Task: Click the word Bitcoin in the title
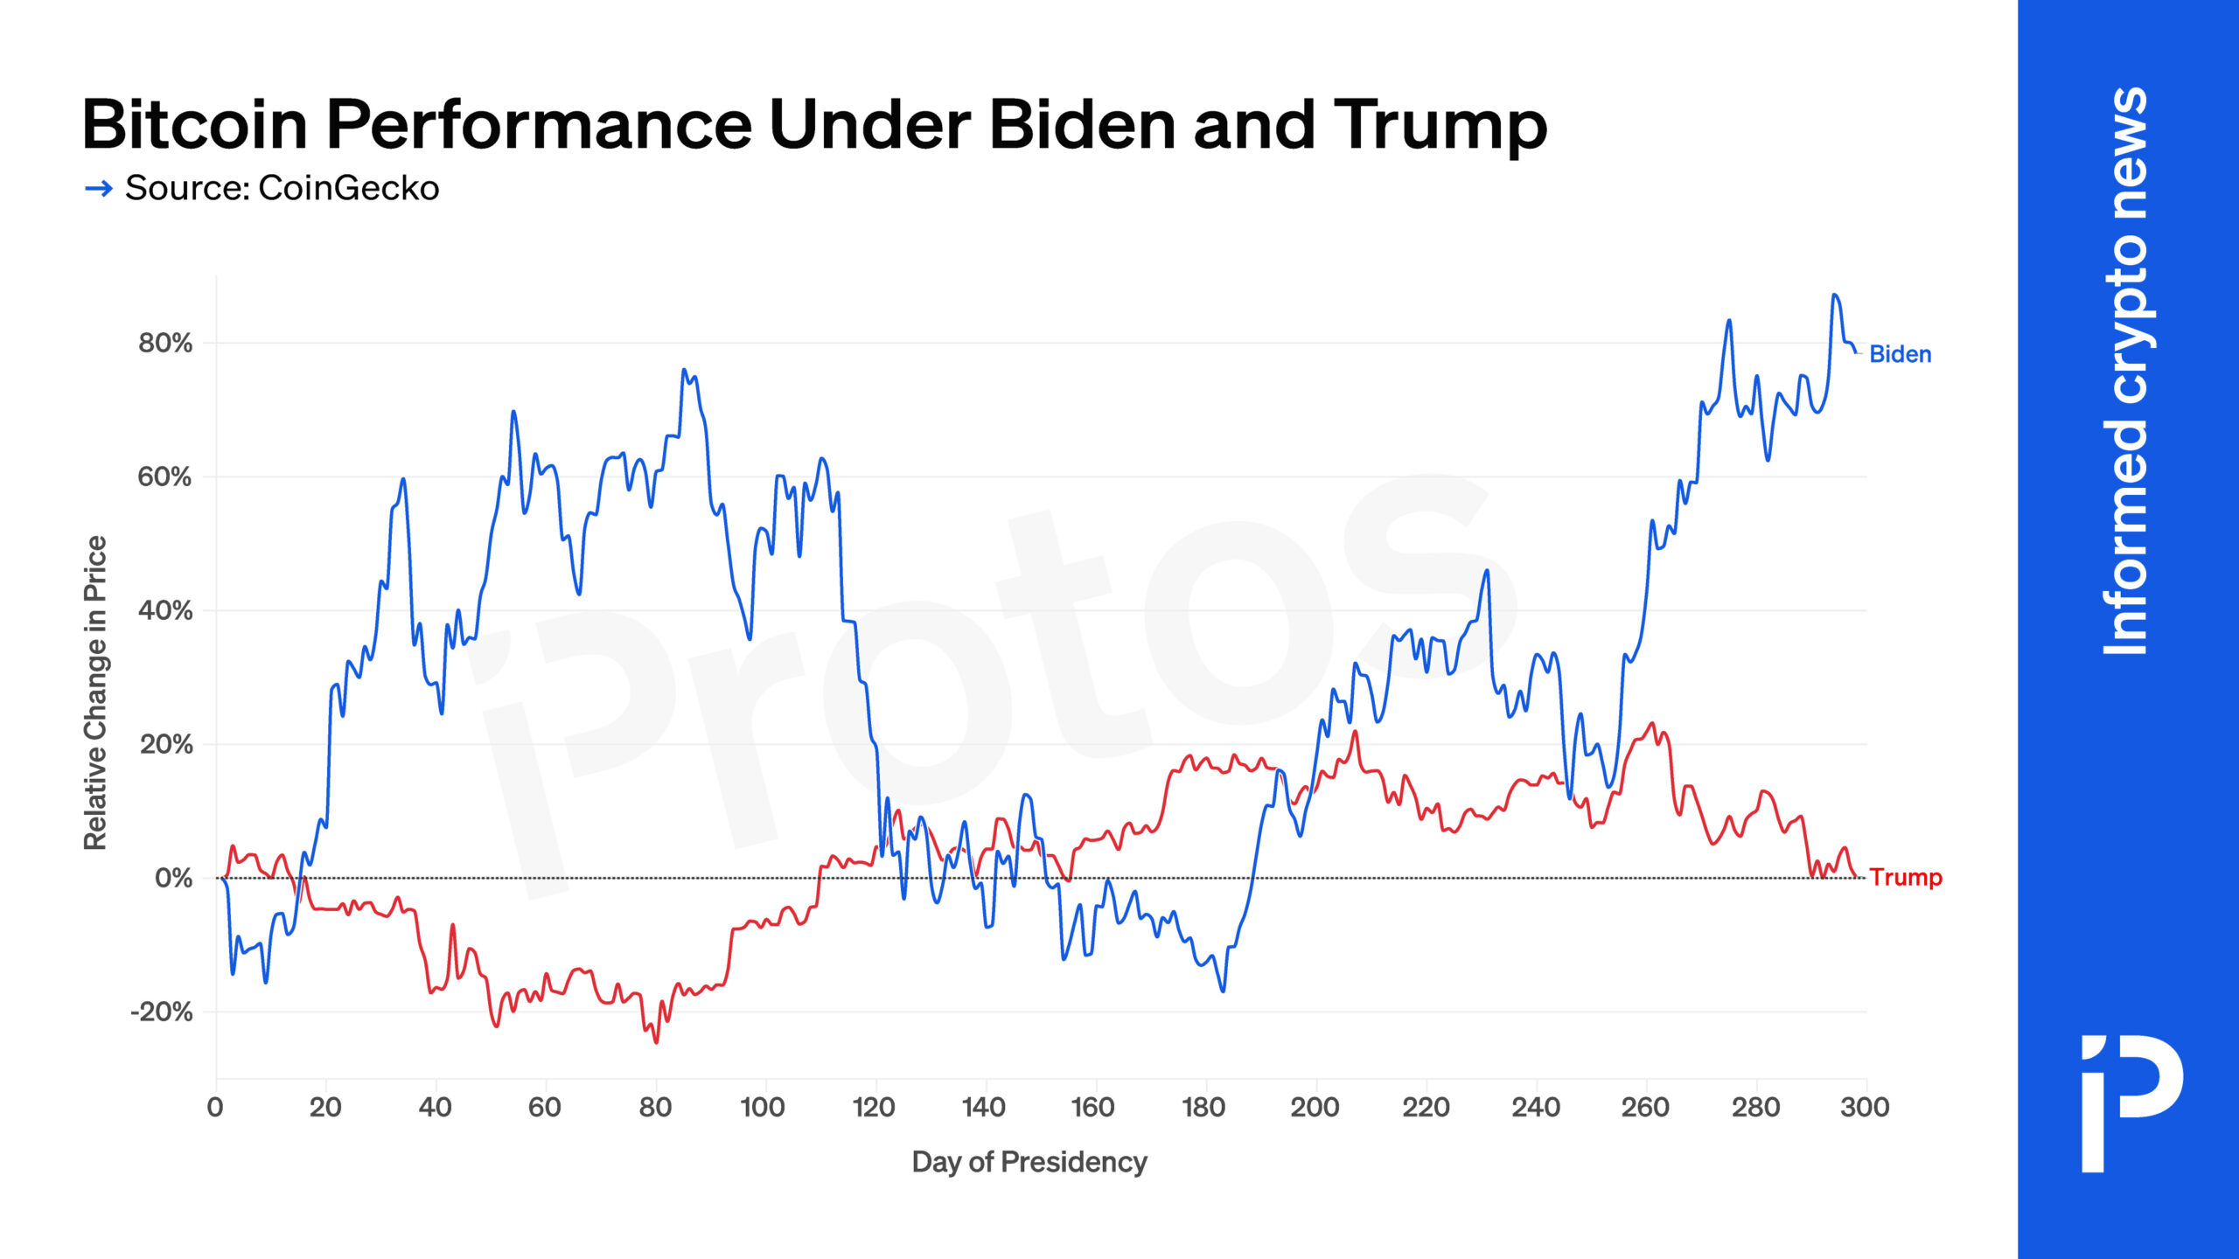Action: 194,125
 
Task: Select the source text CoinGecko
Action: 348,188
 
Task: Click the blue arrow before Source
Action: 99,188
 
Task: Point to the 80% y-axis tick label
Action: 165,343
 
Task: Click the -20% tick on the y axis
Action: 162,1012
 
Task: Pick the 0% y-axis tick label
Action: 173,878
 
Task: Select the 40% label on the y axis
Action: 165,610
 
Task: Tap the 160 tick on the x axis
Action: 1092,1108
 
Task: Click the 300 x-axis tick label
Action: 1865,1108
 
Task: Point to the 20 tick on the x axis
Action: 325,1108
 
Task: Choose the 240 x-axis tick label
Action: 1536,1108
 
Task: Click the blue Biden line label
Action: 1900,354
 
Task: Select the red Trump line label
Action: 1906,877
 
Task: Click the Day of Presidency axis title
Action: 1029,1162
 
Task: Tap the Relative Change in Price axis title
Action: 95,692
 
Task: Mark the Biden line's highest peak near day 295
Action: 1834,296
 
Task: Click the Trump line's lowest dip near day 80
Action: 656,1041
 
